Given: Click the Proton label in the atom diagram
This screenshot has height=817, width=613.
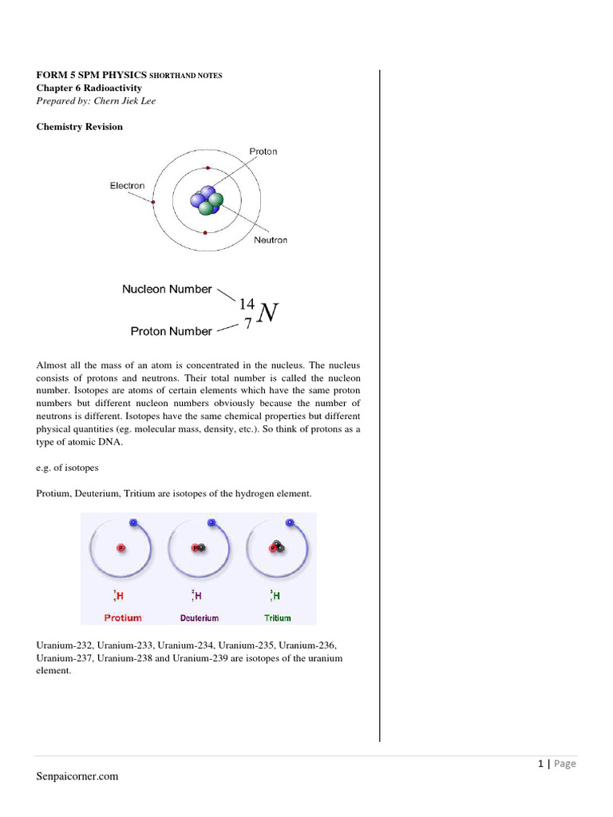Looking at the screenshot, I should pyautogui.click(x=263, y=152).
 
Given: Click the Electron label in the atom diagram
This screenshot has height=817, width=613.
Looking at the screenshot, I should pyautogui.click(x=127, y=186).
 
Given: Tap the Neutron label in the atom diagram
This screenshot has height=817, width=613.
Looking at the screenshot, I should pyautogui.click(x=270, y=240).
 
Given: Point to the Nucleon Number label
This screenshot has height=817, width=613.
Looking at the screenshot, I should pyautogui.click(x=167, y=290).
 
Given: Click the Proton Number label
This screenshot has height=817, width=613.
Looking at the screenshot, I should pyautogui.click(x=171, y=331).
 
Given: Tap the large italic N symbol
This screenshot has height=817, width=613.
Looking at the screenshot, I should pyautogui.click(x=268, y=314).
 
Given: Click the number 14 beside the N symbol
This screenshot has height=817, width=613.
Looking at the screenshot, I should pyautogui.click(x=247, y=304).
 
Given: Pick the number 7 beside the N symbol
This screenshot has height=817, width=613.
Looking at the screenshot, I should pyautogui.click(x=248, y=325).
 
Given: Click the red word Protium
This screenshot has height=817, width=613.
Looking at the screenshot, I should pyautogui.click(x=123, y=618).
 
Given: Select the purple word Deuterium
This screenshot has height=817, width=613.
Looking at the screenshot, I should pyautogui.click(x=199, y=618).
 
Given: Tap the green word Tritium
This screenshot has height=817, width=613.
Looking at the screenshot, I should pyautogui.click(x=277, y=618).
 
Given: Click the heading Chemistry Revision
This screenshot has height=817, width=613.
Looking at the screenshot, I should pyautogui.click(x=80, y=127).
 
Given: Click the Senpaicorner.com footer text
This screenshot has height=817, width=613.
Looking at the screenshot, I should pyautogui.click(x=77, y=776).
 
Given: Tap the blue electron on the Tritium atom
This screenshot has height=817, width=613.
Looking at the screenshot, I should pyautogui.click(x=290, y=522).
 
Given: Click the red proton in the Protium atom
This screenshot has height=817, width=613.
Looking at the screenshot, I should pyautogui.click(x=121, y=548).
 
